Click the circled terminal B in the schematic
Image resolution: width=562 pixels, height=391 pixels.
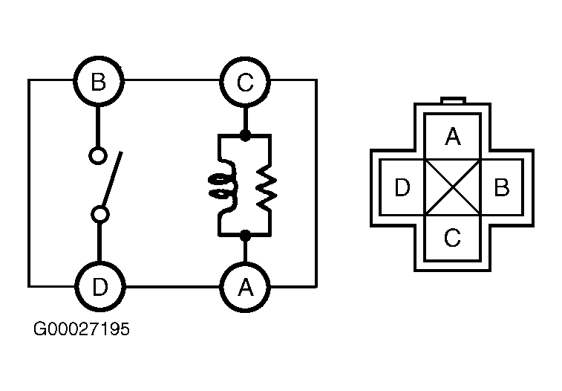pos(99,81)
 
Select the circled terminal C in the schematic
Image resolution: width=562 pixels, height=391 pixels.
pos(245,82)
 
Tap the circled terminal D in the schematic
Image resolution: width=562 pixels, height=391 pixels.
pos(100,287)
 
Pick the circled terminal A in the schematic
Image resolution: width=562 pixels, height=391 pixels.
pos(245,287)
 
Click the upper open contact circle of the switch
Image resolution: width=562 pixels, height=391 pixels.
pos(98,155)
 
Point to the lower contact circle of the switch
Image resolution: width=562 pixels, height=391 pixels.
pos(100,215)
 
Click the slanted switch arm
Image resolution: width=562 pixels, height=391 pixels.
pos(113,179)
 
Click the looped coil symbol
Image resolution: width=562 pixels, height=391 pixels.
pos(223,187)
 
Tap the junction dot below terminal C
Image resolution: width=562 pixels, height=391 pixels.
pos(245,136)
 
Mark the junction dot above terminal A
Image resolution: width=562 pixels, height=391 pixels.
pos(245,236)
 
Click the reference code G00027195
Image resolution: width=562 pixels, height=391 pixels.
pos(82,329)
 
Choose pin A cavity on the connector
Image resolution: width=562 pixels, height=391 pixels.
pos(452,137)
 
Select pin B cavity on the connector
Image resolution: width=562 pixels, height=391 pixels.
pos(501,187)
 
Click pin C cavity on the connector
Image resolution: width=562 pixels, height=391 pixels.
pos(452,237)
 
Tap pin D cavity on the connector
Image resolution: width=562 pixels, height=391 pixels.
pos(402,187)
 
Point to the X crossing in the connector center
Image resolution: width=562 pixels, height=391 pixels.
pos(453,187)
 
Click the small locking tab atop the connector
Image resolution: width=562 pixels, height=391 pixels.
pos(453,100)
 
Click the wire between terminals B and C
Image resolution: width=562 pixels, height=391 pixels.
pos(171,80)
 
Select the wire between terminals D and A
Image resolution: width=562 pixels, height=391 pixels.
pos(172,287)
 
